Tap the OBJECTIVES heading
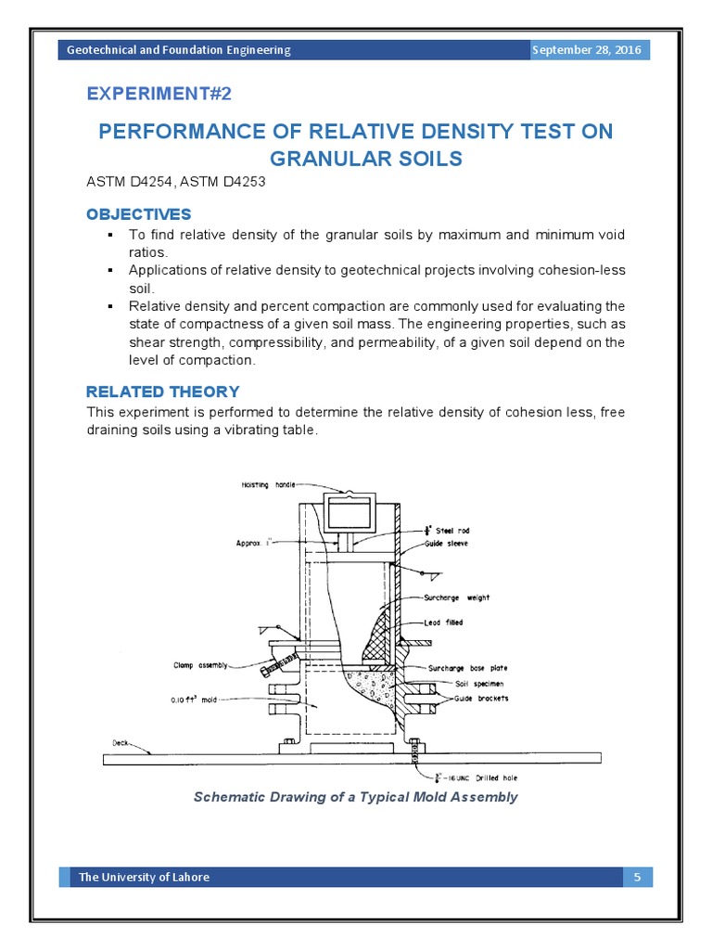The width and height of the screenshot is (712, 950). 139,214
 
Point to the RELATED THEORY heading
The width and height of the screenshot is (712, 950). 162,392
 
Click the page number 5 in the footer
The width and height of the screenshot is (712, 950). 637,877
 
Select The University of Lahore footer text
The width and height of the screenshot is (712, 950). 144,877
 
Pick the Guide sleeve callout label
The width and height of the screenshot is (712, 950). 446,544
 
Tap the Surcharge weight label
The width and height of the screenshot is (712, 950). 458,598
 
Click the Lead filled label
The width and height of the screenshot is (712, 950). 445,623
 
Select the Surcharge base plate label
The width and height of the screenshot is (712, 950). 467,668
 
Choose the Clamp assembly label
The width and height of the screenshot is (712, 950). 198,664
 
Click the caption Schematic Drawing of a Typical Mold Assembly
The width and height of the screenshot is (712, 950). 355,797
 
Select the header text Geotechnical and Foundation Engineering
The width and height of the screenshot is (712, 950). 179,50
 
